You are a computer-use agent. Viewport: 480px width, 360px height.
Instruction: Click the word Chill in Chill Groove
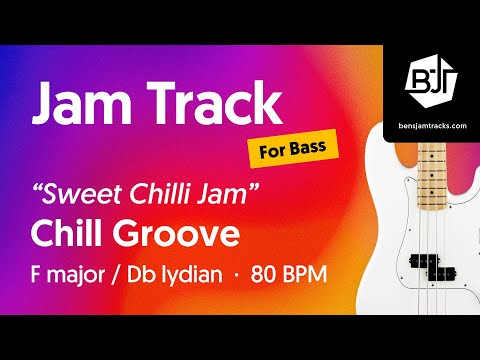[x=73, y=234]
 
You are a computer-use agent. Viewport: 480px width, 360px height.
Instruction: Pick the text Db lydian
[x=174, y=273]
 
